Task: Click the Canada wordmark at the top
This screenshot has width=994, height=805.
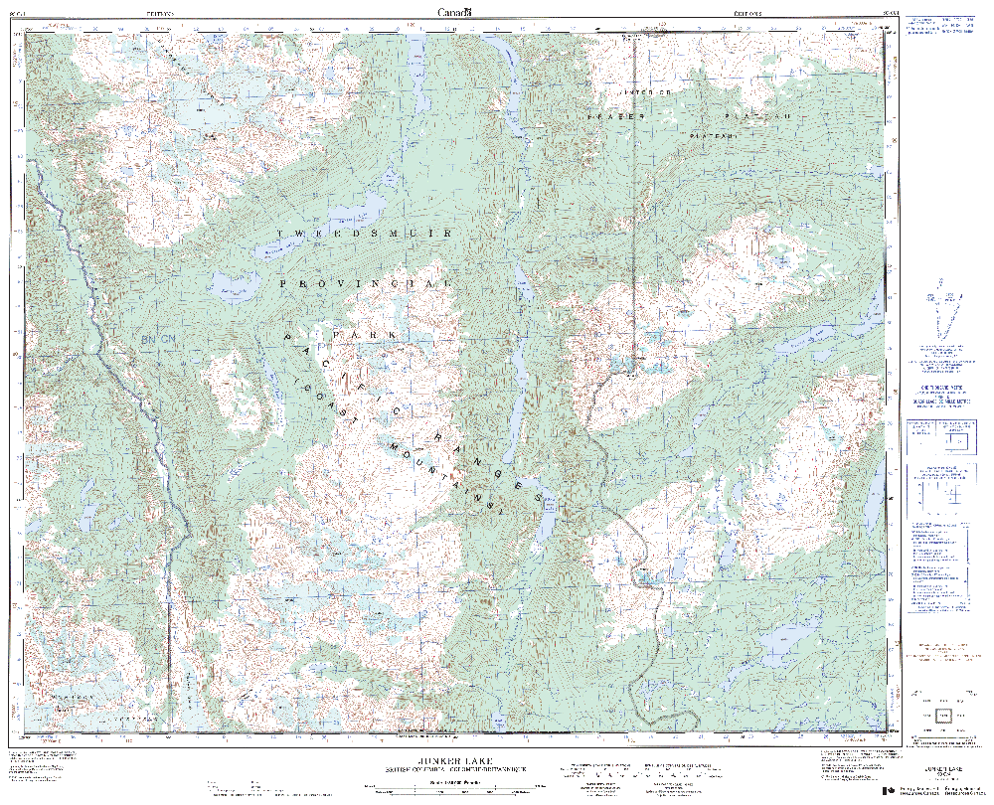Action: pos(455,10)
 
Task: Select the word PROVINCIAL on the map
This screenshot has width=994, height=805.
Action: pos(367,284)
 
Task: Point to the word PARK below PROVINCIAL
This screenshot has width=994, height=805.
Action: pos(364,336)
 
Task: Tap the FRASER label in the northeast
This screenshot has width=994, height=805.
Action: pos(616,116)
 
